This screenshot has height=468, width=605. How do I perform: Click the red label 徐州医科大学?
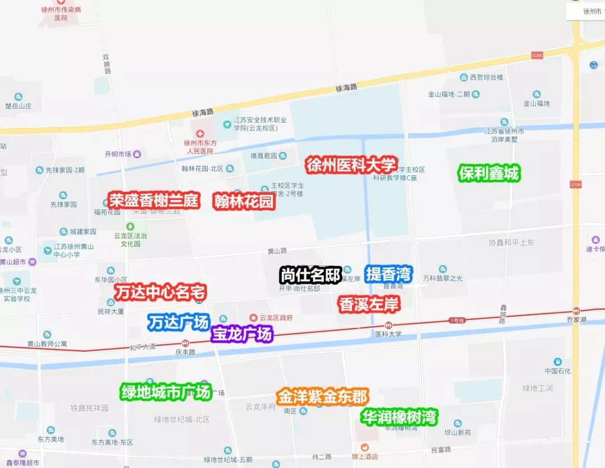351,165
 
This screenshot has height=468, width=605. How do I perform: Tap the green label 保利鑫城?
488,174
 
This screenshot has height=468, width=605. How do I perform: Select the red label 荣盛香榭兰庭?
154,200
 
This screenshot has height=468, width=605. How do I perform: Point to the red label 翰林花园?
244,202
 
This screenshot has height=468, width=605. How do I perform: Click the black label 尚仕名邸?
310,275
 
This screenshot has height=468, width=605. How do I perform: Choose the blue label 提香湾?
389,274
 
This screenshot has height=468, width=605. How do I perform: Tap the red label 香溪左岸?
369,304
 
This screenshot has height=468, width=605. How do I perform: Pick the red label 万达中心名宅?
161,292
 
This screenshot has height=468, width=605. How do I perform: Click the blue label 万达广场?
178,322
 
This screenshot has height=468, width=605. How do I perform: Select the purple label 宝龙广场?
242,334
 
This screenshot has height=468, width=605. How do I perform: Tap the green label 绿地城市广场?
166,392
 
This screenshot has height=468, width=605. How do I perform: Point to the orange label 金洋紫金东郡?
322,397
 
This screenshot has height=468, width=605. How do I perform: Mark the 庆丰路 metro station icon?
185,343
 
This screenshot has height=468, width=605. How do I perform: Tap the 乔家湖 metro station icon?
576,311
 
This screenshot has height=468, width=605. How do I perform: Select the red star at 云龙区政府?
253,317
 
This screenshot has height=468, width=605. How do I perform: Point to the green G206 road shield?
537,55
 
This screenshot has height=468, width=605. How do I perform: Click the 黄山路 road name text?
277,251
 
